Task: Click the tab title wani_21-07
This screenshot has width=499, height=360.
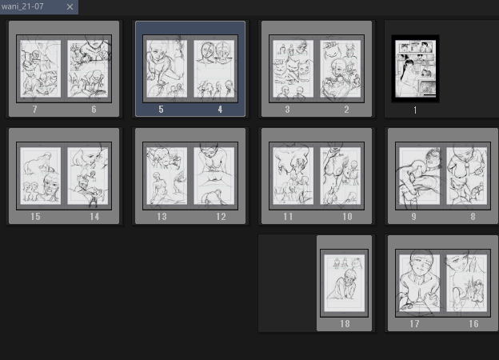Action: pyautogui.click(x=22, y=6)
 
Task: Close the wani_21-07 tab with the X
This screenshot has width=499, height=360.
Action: pyautogui.click(x=70, y=6)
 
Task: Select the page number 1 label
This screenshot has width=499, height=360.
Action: pyautogui.click(x=415, y=110)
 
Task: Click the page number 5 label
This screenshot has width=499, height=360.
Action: pyautogui.click(x=161, y=110)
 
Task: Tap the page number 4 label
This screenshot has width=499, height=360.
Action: pyautogui.click(x=220, y=110)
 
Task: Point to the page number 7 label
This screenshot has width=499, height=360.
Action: pyautogui.click(x=35, y=110)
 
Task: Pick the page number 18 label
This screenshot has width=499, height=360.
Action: pyautogui.click(x=345, y=324)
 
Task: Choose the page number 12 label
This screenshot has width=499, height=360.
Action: pyautogui.click(x=221, y=217)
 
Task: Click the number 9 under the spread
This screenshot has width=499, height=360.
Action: pyautogui.click(x=413, y=217)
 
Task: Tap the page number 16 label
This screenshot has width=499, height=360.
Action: pyautogui.click(x=473, y=324)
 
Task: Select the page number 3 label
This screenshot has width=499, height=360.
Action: pyautogui.click(x=287, y=110)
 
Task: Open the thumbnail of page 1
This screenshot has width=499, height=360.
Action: pyautogui.click(x=415, y=69)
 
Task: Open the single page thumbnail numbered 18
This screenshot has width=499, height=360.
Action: pyautogui.click(x=345, y=283)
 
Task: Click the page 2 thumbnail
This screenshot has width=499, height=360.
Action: pyautogui.click(x=340, y=69)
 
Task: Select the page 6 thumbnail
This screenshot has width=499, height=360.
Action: pyautogui.click(x=87, y=69)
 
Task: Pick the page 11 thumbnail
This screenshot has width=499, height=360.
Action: pyautogui.click(x=293, y=176)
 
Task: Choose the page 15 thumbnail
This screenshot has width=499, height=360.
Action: pyautogui.click(x=41, y=176)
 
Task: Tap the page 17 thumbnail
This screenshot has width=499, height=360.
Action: pyautogui.click(x=420, y=283)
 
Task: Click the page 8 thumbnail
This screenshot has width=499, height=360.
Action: pyautogui.click(x=466, y=176)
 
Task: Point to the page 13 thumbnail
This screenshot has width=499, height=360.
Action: pyautogui.click(x=167, y=176)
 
